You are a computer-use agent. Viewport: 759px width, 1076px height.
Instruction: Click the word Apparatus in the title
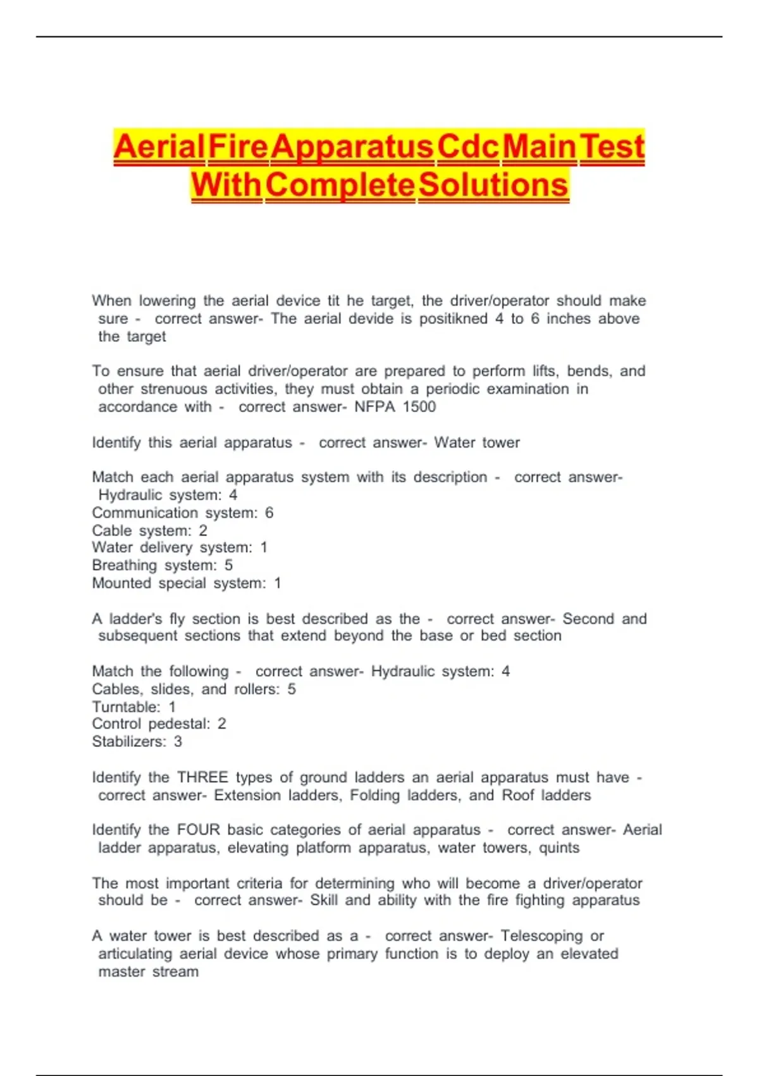pos(352,147)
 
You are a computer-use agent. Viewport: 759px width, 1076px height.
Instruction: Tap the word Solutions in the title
pos(493,185)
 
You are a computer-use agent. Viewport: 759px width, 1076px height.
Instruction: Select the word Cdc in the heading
pos(467,147)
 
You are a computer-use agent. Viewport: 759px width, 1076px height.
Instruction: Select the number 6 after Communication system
pos(269,513)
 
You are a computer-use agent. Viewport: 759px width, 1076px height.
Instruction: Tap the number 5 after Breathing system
pos(228,565)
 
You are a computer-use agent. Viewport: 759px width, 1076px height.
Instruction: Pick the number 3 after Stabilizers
pos(178,741)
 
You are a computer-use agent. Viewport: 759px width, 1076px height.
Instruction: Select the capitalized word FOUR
pos(199,829)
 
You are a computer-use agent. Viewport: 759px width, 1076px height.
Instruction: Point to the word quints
pos(558,848)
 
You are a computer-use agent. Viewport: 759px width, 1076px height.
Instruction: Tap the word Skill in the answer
pos(324,900)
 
